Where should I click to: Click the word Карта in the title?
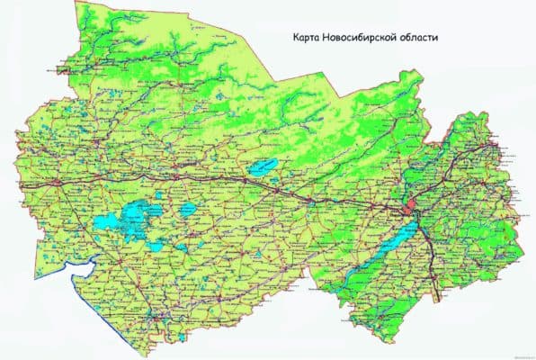pyautogui.click(x=308, y=40)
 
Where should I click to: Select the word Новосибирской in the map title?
pyautogui.click(x=366, y=40)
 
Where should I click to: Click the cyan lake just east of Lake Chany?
pyautogui.click(x=189, y=209)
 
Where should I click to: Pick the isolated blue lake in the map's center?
pyautogui.click(x=264, y=166)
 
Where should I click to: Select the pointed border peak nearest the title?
pyautogui.click(x=421, y=70)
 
